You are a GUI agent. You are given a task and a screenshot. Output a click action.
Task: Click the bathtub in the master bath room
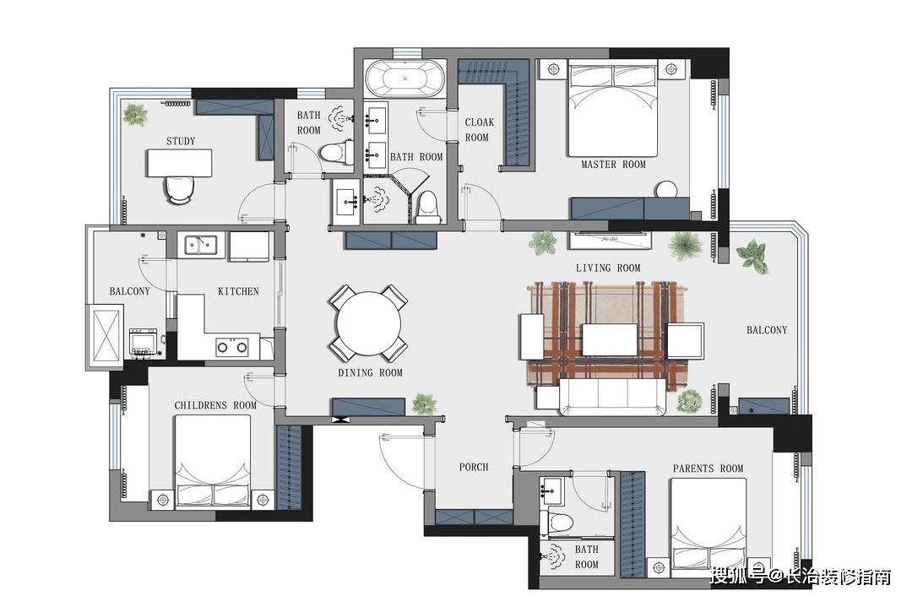tap(404, 78)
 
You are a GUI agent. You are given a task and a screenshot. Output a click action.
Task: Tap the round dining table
tap(369, 323)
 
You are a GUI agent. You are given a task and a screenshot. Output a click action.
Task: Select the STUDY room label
tap(181, 141)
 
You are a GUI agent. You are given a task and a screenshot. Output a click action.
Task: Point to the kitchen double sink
tap(201, 245)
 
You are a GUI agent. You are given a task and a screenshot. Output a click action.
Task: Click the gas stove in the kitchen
tap(232, 347)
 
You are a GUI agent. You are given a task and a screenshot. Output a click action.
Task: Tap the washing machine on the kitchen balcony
tap(143, 343)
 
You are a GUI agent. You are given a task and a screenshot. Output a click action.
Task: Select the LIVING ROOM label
tap(608, 268)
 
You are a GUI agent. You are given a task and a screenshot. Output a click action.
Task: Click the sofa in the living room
tap(612, 397)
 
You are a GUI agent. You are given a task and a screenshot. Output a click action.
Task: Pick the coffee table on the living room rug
tap(610, 339)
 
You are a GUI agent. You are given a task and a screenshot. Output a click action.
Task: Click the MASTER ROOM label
tap(614, 165)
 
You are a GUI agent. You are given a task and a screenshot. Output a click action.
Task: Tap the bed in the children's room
tap(213, 461)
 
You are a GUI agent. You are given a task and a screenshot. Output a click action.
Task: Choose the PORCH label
tap(474, 467)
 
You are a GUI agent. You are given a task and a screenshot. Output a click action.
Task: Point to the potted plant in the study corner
tap(135, 115)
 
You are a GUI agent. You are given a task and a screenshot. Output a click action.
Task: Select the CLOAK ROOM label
tap(479, 130)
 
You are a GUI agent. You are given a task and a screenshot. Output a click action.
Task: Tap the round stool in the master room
tap(666, 190)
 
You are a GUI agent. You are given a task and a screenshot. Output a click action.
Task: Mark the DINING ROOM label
tap(371, 373)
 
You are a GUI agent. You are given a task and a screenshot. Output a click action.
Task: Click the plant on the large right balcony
tap(754, 256)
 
